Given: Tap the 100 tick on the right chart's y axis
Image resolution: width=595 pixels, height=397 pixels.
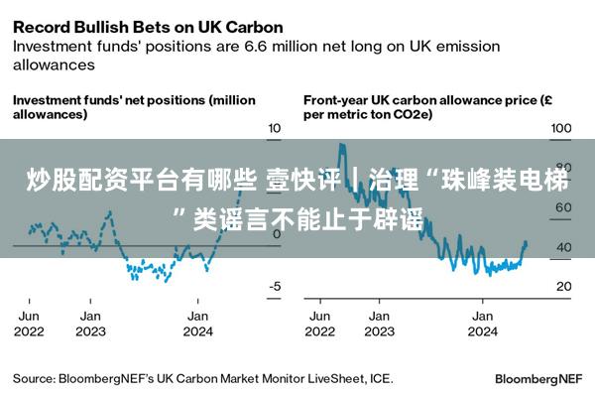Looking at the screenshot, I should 561,129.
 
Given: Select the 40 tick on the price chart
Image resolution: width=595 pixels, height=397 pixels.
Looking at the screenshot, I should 561,247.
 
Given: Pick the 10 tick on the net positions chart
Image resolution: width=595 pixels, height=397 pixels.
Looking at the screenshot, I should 275,129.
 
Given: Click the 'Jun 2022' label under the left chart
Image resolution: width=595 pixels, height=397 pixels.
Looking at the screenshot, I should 28,324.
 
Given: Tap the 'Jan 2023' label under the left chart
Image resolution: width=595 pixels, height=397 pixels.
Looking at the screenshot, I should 91,324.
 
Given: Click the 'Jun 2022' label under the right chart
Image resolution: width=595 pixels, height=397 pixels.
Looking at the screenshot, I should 318,324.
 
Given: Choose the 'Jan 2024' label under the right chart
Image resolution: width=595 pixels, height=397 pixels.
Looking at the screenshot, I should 482,324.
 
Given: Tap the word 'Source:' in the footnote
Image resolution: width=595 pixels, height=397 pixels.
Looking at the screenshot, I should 34,378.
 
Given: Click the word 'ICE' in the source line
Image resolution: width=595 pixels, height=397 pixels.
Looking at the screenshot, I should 382,378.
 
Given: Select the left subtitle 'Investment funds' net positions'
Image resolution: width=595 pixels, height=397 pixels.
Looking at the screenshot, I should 109,100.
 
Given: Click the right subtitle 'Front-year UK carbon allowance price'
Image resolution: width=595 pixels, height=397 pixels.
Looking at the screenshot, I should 417,100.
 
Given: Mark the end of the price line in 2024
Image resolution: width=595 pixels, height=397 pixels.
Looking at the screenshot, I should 526,243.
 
